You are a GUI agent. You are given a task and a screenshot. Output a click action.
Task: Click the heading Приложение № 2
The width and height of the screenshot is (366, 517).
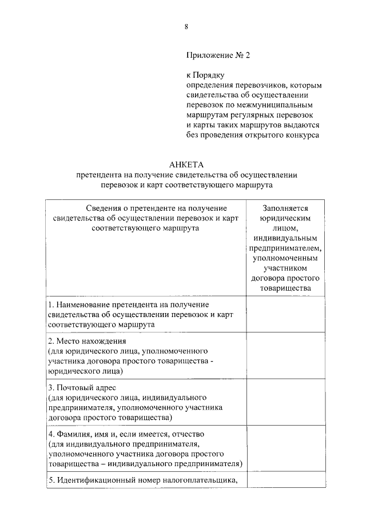click(218, 56)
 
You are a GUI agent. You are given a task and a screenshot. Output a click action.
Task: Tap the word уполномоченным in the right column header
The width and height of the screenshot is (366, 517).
click(286, 258)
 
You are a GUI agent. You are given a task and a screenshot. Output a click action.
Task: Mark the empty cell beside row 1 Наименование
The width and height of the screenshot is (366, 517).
click(285, 314)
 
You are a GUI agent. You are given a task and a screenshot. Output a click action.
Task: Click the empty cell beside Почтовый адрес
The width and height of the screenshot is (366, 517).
click(285, 402)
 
